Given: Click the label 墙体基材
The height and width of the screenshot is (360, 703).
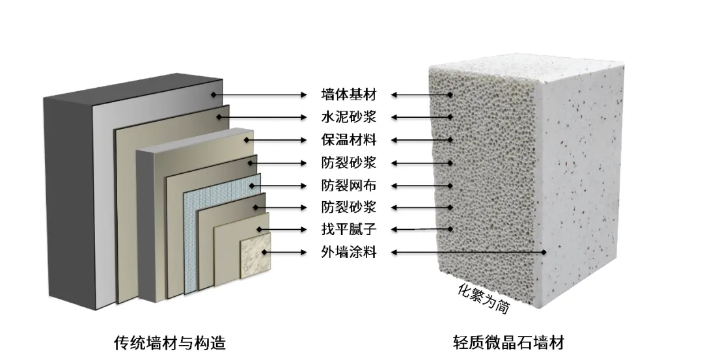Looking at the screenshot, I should pyautogui.click(x=349, y=94).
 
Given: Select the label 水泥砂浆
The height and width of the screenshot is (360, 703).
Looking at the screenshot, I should pyautogui.click(x=349, y=117).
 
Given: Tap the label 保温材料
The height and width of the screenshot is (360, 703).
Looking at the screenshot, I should pyautogui.click(x=349, y=139).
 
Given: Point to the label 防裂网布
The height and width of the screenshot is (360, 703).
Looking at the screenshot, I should pyautogui.click(x=349, y=185).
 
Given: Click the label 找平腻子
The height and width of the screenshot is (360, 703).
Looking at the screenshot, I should pyautogui.click(x=349, y=229).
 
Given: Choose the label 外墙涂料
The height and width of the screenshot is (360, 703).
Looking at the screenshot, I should pyautogui.click(x=349, y=252).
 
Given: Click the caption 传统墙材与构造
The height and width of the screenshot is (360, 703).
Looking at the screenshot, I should pyautogui.click(x=170, y=342).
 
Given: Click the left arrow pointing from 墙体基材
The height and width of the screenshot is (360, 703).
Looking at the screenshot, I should pyautogui.click(x=260, y=95).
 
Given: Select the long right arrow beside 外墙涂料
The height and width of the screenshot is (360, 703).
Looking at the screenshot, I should pyautogui.click(x=469, y=252).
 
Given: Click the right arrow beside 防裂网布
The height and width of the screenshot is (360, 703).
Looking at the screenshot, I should pyautogui.click(x=420, y=185).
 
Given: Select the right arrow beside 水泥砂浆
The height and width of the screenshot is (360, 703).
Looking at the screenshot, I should pyautogui.click(x=420, y=117).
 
